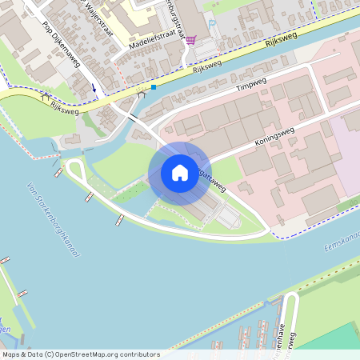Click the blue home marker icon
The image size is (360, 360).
click(179, 173)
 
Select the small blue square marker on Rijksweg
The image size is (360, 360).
click(153, 87)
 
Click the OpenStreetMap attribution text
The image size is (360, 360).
click(81, 354)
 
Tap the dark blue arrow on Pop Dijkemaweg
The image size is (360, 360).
click(94, 87)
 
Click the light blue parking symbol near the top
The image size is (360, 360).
click(211, 23)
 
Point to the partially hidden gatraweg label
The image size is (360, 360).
click(212, 180)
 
